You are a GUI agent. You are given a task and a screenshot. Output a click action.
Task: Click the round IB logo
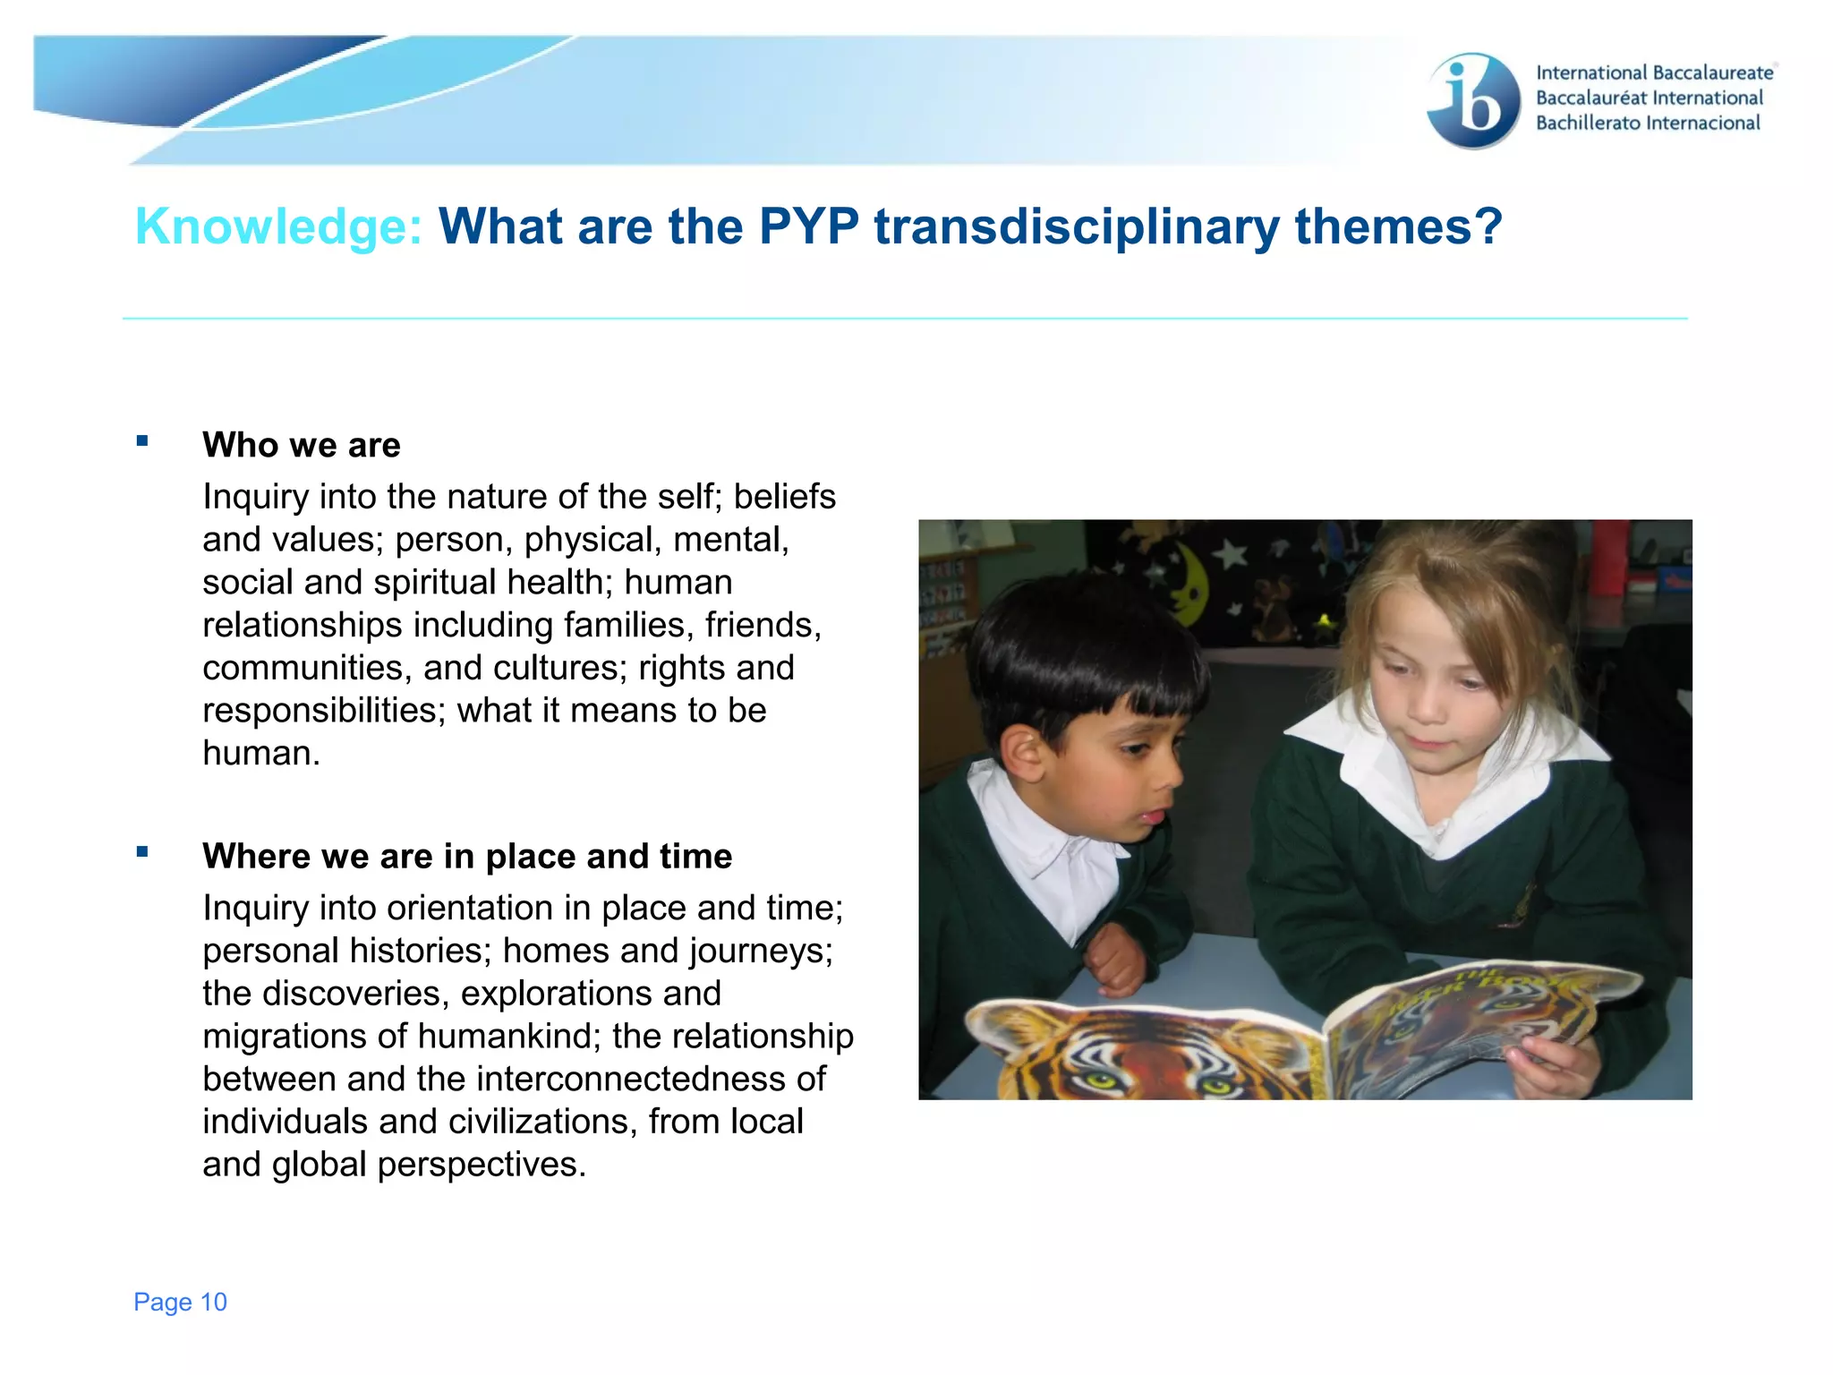click(x=1473, y=100)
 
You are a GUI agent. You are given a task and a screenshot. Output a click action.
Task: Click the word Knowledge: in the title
click(x=278, y=226)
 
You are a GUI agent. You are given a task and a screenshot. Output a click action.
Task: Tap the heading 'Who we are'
click(x=302, y=445)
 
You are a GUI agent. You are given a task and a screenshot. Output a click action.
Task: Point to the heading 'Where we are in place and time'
click(x=467, y=856)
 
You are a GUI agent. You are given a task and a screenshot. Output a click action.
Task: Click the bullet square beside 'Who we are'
click(x=142, y=440)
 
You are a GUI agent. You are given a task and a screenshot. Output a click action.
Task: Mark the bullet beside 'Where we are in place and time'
click(x=142, y=851)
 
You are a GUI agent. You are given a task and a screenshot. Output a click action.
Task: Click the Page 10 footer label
click(x=180, y=1302)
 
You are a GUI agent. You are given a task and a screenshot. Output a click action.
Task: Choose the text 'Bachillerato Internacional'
click(x=1648, y=123)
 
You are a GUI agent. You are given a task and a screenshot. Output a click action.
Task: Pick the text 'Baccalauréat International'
click(x=1650, y=98)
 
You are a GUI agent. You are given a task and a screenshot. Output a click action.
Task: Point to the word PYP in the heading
click(x=808, y=226)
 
